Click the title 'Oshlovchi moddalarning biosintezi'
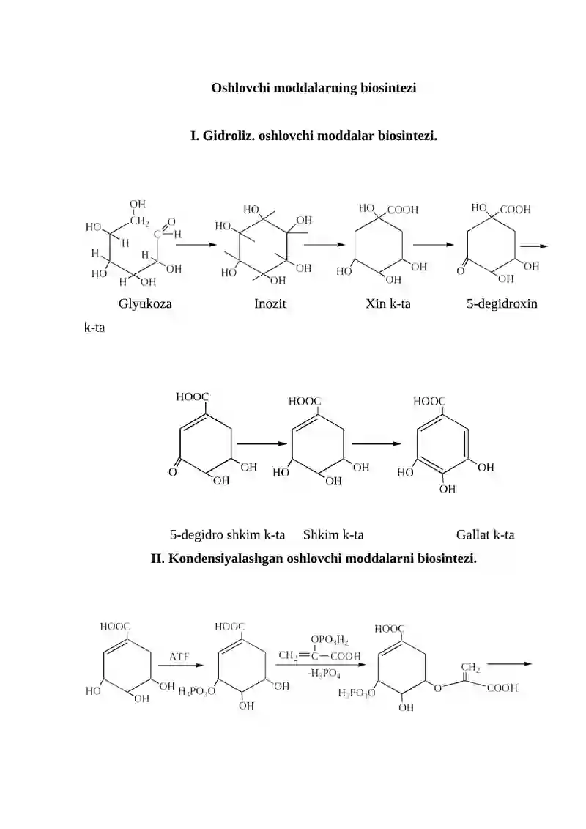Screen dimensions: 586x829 (314, 88)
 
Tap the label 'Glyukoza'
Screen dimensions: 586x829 (145, 304)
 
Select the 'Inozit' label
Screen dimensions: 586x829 (270, 304)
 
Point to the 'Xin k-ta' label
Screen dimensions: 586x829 (387, 304)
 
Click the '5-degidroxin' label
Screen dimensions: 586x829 (502, 304)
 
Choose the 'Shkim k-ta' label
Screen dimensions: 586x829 (333, 535)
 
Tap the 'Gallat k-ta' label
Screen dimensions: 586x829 (485, 535)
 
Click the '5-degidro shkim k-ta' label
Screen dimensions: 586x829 (227, 535)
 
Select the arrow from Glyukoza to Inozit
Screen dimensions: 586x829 (196, 245)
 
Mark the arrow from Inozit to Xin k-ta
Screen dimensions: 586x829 (324, 245)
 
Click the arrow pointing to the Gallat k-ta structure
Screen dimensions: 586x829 (377, 444)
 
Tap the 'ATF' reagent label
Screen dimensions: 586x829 (179, 657)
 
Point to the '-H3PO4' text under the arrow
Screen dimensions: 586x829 (323, 674)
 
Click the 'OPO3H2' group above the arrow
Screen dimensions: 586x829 (329, 640)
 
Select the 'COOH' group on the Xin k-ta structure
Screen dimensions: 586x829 (403, 210)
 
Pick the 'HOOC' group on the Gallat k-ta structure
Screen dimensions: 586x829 (429, 402)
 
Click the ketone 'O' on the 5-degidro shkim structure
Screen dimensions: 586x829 (172, 472)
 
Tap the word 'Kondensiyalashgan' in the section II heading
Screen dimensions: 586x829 (226, 559)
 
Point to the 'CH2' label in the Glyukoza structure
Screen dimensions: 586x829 (139, 221)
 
